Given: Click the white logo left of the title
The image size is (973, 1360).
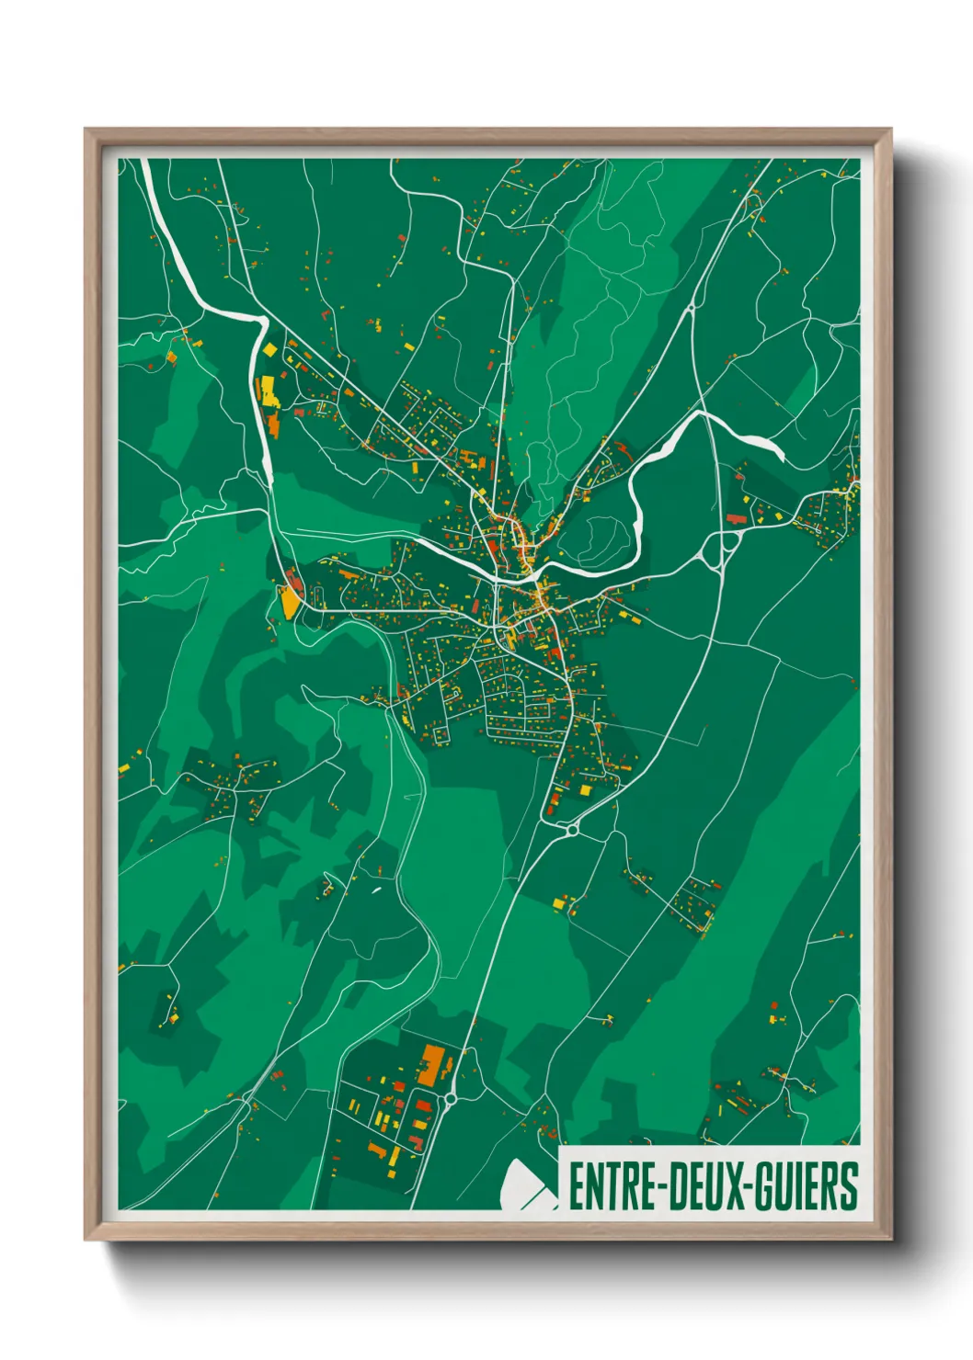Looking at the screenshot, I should pyautogui.click(x=527, y=1184).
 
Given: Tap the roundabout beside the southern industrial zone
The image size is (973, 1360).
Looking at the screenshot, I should pyautogui.click(x=452, y=1098).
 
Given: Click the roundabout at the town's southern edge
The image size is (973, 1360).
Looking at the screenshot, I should pyautogui.click(x=572, y=830).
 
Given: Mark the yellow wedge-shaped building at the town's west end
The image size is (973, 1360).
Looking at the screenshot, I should pyautogui.click(x=291, y=601).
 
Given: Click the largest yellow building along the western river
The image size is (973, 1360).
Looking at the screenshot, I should pyautogui.click(x=268, y=391).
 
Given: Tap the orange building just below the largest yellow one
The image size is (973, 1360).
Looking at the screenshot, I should pyautogui.click(x=274, y=424).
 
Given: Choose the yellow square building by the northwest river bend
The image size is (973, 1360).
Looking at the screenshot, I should pyautogui.click(x=269, y=350).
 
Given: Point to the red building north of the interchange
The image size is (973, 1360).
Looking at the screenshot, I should pyautogui.click(x=735, y=518).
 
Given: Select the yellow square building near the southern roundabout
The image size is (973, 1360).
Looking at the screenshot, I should pyautogui.click(x=586, y=789).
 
